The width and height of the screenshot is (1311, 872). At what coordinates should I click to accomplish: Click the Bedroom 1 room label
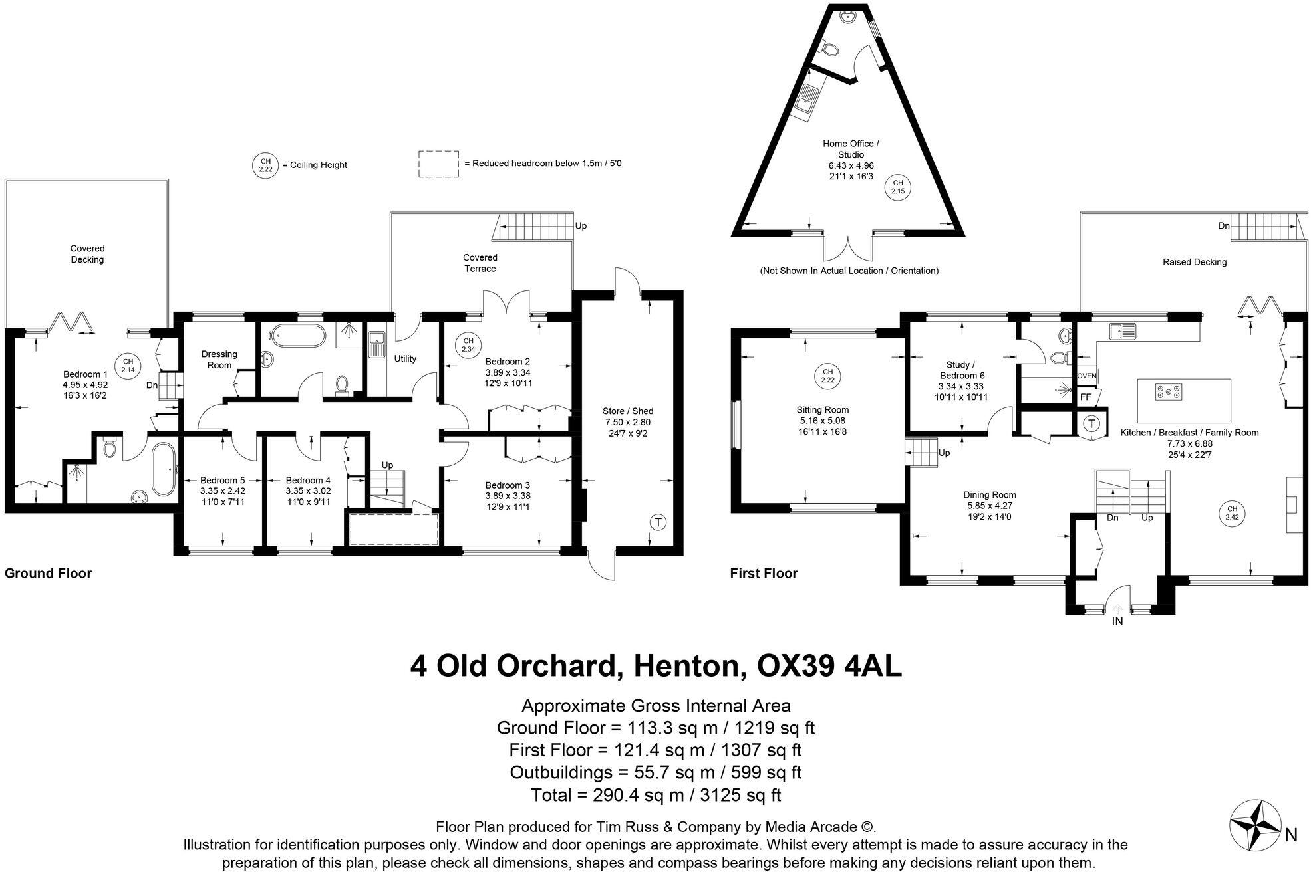85,374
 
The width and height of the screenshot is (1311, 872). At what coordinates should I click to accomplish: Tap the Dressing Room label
219,360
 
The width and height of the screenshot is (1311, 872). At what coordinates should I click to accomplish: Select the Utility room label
405,359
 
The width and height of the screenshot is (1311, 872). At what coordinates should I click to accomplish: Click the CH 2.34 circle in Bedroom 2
468,345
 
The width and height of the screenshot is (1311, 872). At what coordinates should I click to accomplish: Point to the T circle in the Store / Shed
658,522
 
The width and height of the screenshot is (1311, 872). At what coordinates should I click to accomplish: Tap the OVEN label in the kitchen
1086,376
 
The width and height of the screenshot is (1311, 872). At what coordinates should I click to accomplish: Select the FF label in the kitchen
1086,397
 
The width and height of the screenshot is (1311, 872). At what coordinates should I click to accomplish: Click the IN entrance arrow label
1117,622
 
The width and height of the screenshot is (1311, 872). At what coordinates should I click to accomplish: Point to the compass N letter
1291,835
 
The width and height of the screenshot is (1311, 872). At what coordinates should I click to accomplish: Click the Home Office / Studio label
851,149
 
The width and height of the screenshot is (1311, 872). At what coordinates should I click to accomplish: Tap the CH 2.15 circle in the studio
897,187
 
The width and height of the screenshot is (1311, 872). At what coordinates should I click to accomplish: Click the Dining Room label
989,495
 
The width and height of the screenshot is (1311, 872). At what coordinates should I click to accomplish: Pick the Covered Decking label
87,254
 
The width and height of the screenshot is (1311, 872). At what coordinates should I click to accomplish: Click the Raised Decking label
1194,262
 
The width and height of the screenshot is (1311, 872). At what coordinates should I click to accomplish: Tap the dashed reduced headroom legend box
438,163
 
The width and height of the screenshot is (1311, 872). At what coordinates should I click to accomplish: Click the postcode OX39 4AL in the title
830,665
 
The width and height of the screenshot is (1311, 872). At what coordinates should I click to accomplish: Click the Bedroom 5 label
222,480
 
